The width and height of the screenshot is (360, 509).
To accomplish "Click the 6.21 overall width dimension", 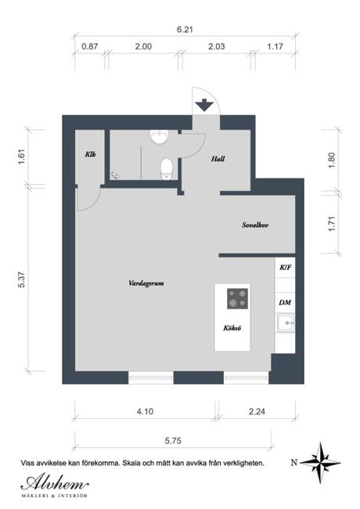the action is (185, 30).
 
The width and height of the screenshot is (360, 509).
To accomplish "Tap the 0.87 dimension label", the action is (89, 46).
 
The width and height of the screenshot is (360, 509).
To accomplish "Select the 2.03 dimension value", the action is (216, 46).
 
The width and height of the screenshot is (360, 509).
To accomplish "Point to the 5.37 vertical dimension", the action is (22, 280).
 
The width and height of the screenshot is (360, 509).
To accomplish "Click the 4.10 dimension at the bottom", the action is (145, 412).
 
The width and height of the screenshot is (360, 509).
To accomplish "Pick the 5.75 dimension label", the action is (173, 441).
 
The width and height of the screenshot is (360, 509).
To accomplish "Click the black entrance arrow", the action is (204, 105).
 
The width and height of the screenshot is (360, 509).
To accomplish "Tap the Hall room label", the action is (218, 159).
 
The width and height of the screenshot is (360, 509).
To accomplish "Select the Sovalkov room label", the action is (255, 225).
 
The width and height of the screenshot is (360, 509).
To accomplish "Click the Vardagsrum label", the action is (146, 283).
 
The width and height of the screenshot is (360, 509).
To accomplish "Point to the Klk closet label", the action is (91, 154).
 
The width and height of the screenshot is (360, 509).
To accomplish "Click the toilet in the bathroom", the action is (167, 168).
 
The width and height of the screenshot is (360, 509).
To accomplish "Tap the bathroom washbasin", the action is (159, 136).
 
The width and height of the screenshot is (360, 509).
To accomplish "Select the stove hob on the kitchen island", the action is (237, 298).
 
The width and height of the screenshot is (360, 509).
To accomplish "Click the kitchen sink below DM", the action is (286, 323).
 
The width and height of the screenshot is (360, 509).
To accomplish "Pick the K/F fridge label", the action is (286, 268).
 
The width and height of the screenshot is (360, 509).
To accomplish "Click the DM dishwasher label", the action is (285, 302).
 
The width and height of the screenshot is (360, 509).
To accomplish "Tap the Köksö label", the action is (232, 328).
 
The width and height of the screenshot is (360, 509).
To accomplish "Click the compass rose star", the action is (320, 463).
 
